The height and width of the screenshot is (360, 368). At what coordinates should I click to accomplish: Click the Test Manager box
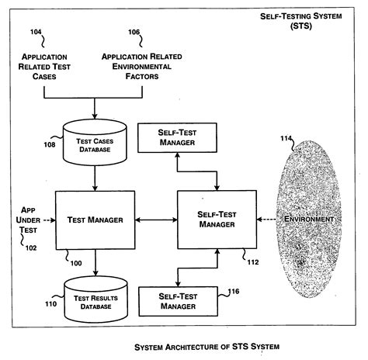tap(95, 220)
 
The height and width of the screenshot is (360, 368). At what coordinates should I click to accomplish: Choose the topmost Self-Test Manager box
tap(177, 139)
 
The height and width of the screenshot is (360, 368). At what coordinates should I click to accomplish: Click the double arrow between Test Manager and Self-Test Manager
tap(155, 220)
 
